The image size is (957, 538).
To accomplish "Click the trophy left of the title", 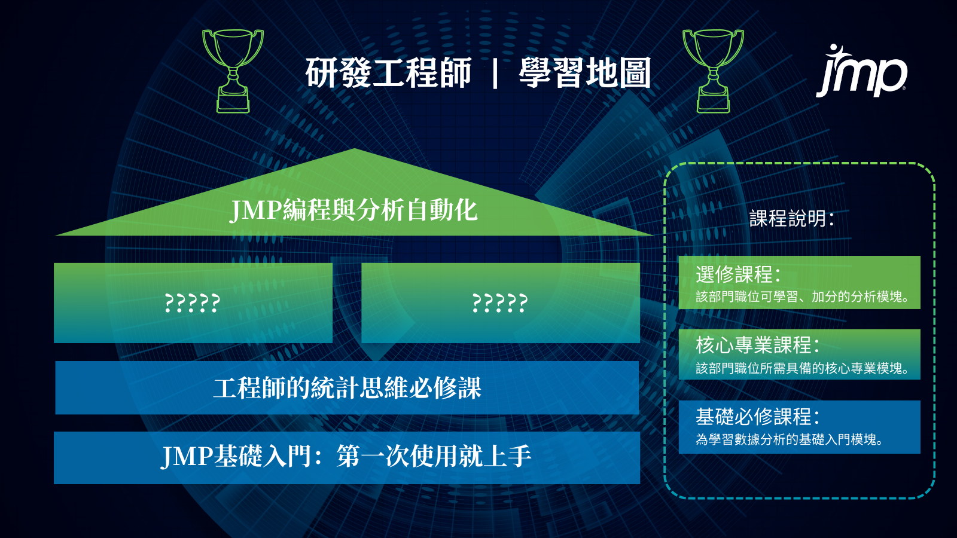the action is (233, 71).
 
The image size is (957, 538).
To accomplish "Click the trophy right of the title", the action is (713, 71).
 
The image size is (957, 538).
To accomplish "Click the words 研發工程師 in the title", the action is (388, 72).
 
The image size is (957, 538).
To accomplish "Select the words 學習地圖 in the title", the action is (585, 72).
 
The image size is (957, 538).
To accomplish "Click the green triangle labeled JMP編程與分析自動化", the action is (354, 201).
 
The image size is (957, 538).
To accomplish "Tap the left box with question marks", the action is (193, 302).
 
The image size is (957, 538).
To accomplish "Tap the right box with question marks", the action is (501, 302).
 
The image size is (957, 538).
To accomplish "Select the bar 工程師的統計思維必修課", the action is (347, 388).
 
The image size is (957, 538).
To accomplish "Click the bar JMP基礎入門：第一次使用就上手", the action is (347, 458).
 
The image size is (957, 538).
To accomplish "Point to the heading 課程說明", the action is (792, 219).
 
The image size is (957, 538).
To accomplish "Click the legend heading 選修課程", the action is (738, 274).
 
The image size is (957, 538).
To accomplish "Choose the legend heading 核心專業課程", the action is (757, 345).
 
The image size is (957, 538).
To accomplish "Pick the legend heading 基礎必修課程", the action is (757, 417).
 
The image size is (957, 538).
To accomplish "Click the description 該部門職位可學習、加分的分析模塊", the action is (802, 296).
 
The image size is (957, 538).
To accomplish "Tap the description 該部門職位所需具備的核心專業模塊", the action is (802, 368).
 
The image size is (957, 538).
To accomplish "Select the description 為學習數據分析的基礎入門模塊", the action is (790, 439).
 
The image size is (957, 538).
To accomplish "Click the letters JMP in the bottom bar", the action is (186, 457).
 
